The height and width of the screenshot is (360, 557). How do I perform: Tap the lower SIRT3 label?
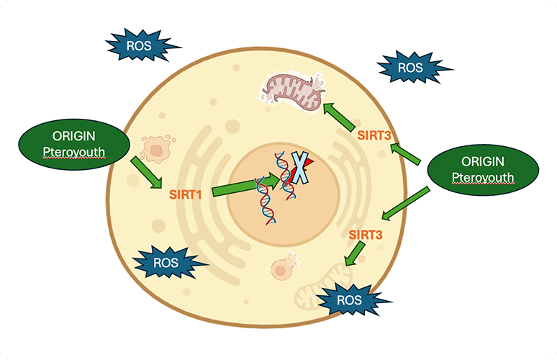365,234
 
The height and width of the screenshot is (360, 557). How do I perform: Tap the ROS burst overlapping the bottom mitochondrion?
351,298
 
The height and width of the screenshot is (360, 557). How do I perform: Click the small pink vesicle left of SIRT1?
156,149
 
